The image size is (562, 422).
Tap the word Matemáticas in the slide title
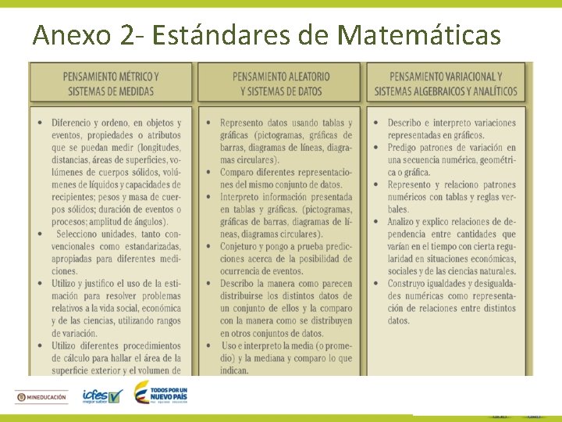click(x=419, y=35)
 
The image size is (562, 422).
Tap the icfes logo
click(x=102, y=396)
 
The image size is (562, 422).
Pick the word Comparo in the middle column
click(x=240, y=172)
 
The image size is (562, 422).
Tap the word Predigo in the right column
click(x=407, y=148)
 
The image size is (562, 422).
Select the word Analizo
click(x=407, y=222)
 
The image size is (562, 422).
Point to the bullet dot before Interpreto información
click(x=208, y=197)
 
